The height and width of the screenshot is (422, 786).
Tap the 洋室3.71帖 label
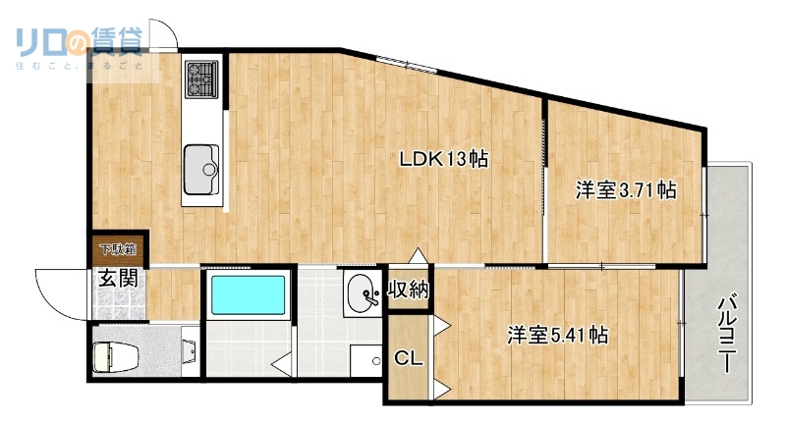tap(626, 190)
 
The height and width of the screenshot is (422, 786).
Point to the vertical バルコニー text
tap(726, 334)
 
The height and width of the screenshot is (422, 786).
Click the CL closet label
tap(408, 359)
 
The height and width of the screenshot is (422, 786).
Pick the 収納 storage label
tap(408, 290)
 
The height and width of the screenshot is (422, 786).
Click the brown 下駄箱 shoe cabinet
tap(116, 249)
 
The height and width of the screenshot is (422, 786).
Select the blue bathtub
tap(249, 295)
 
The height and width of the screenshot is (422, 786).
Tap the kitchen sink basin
tap(202, 163)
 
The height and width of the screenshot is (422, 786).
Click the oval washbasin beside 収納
tap(361, 291)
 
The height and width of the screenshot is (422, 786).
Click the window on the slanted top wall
tap(405, 66)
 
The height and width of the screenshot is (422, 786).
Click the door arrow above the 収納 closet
tap(420, 258)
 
